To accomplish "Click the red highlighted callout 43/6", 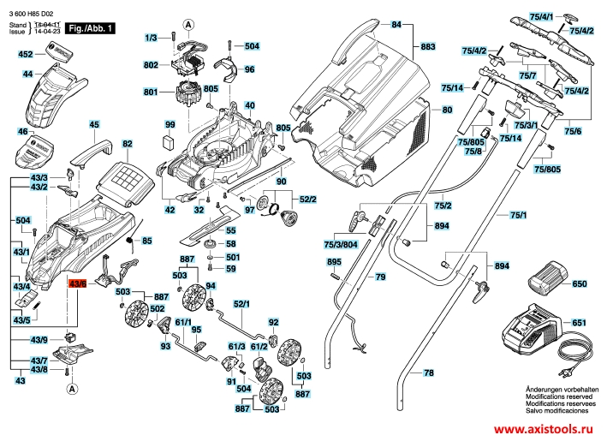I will [78, 283].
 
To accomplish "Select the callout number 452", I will [26, 54].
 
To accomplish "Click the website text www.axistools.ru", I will [540, 430].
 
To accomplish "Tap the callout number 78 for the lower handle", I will [429, 374].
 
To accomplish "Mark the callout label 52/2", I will [307, 199].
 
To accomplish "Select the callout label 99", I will [170, 125].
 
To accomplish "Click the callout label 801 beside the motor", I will [151, 92].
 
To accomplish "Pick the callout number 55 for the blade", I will [230, 230].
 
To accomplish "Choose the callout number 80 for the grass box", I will [446, 110].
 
